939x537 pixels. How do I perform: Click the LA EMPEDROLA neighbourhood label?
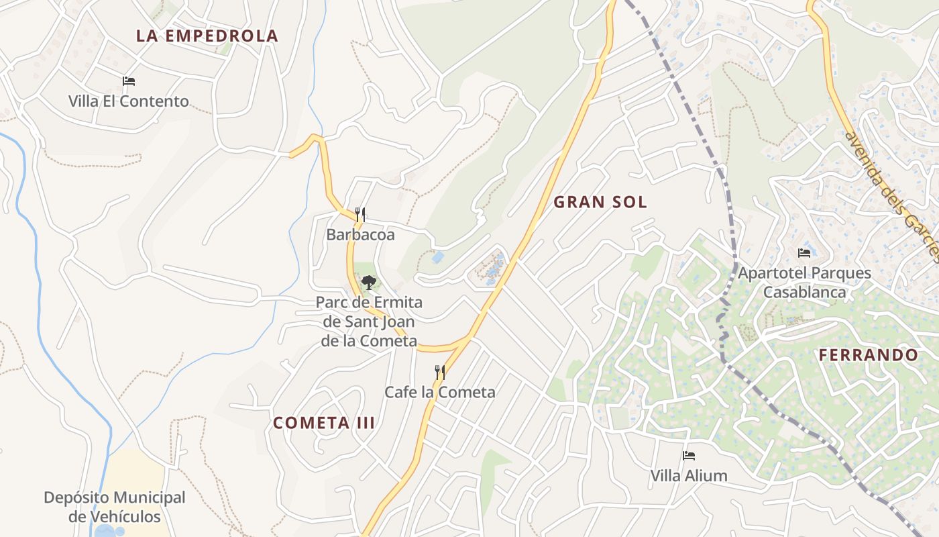coord(207,36)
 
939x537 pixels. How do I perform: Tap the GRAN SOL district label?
coord(600,202)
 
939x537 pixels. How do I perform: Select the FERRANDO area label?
coord(869,355)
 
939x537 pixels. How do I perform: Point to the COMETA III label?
coord(324,423)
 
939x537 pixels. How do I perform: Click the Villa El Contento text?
coord(128,101)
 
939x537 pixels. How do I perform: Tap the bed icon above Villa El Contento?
coord(129,81)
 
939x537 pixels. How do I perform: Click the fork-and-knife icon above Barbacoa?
coord(360,215)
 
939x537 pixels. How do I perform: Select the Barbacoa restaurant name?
coord(360,235)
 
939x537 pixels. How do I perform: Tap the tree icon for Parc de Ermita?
coord(369,282)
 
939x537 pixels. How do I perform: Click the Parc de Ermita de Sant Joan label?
coord(369,322)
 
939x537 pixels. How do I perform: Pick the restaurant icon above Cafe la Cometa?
coord(440,372)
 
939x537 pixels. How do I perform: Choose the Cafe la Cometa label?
coord(440,392)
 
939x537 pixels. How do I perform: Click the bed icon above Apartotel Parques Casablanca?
coord(804,253)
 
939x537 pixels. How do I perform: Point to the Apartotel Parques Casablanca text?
coord(804,283)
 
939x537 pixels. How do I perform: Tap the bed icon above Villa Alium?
coord(689,456)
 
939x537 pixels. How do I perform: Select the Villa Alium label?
coord(689,476)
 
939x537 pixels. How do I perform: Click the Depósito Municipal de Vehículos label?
coord(115,507)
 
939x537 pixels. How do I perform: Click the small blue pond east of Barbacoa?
coord(438,257)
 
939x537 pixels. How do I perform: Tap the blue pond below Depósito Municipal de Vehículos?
coord(105,531)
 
